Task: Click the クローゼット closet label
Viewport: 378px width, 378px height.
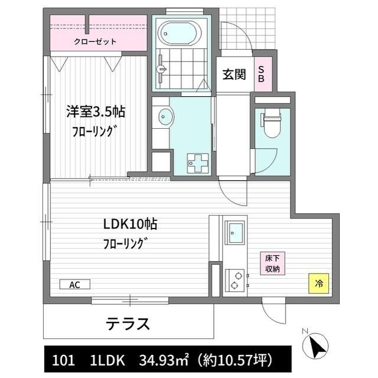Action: pyautogui.click(x=94, y=41)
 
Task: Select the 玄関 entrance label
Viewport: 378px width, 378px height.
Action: pyautogui.click(x=233, y=74)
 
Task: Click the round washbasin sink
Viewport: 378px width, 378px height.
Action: pyautogui.click(x=163, y=118)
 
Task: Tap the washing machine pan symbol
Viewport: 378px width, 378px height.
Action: pyautogui.click(x=194, y=161)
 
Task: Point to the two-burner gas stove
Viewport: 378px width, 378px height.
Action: pyautogui.click(x=235, y=280)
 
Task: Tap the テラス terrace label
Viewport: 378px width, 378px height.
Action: pyautogui.click(x=128, y=324)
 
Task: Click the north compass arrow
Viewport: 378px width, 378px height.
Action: pyautogui.click(x=318, y=344)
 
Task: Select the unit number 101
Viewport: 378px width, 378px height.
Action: pyautogui.click(x=63, y=360)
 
